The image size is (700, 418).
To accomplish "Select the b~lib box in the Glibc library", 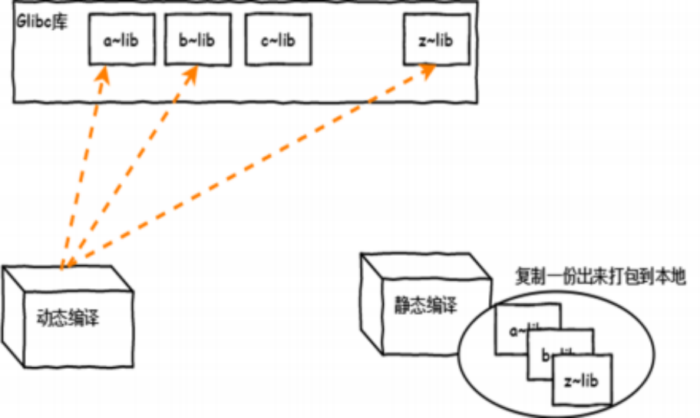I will (196, 41).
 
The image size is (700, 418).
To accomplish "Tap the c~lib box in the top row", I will (277, 41).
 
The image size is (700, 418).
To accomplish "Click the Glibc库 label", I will (42, 19).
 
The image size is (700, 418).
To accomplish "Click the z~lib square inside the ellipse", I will (582, 380).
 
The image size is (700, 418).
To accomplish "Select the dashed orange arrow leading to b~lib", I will (127, 169).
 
